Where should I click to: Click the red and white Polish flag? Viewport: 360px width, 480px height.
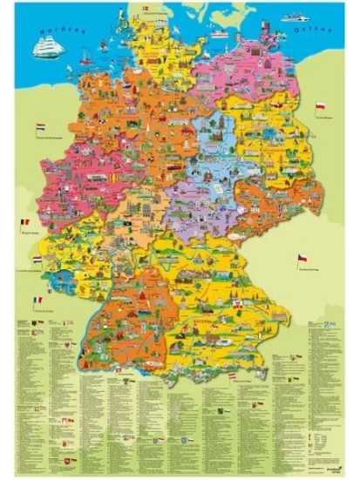[320, 106]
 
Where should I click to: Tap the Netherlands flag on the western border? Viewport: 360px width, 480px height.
[39, 127]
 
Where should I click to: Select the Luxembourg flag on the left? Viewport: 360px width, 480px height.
[34, 260]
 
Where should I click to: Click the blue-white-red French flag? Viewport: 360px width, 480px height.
[38, 301]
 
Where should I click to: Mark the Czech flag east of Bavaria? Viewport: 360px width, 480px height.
[302, 259]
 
